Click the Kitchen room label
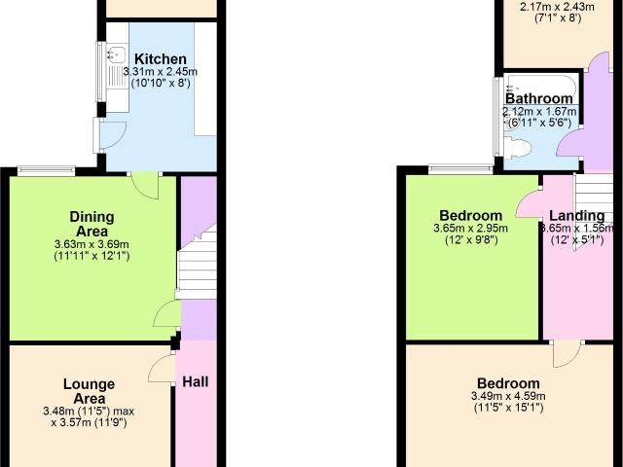[x=161, y=59]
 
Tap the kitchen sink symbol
[x=117, y=54]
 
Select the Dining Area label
[x=92, y=224]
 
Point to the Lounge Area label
[x=90, y=391]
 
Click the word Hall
[x=196, y=382]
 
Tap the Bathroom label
[x=539, y=98]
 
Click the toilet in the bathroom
[x=520, y=149]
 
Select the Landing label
[x=577, y=216]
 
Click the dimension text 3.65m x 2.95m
[x=470, y=229]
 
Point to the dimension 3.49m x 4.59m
[x=508, y=396]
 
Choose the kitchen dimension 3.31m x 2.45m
[x=161, y=72]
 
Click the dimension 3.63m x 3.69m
[x=92, y=244]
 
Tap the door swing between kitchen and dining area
[x=145, y=186]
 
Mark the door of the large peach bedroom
[x=567, y=354]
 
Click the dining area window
[x=47, y=171]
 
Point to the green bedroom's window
[x=461, y=169]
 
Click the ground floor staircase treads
[x=197, y=265]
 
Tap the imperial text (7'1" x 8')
[x=558, y=18]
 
